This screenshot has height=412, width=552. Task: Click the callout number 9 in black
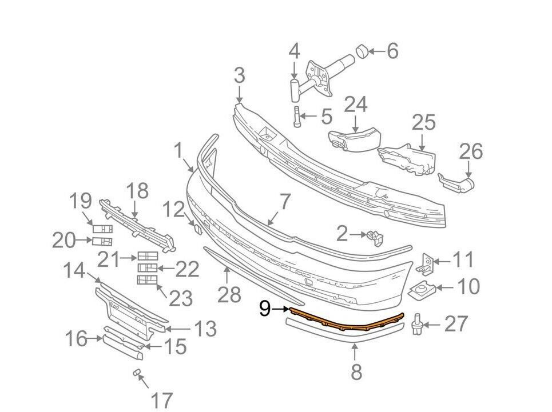265,309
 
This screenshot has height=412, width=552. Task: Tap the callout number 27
455,325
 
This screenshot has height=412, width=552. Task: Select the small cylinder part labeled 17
137,373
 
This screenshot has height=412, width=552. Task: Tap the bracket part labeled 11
426,262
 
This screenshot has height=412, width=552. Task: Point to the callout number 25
423,123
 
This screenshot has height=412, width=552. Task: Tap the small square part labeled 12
196,228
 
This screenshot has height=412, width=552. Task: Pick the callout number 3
239,75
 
